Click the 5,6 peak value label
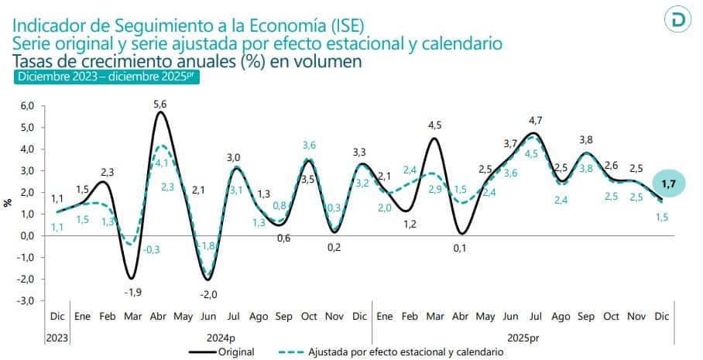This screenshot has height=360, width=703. pyautogui.click(x=159, y=104)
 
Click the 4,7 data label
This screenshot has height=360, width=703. pyautogui.click(x=534, y=119)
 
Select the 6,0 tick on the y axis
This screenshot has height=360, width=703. pyautogui.click(x=28, y=105)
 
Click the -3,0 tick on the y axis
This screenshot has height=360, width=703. pyautogui.click(x=27, y=300)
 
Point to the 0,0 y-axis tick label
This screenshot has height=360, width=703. pyautogui.click(x=28, y=235)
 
